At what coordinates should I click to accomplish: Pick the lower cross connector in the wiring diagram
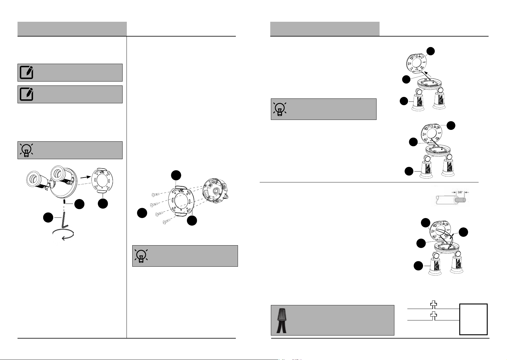pyautogui.click(x=434, y=316)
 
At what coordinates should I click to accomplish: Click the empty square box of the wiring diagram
pyautogui.click(x=473, y=319)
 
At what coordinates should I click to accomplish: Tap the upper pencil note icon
pyautogui.click(x=27, y=72)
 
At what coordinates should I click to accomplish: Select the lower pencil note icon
pyautogui.click(x=27, y=94)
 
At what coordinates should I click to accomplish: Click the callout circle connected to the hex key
pyautogui.click(x=47, y=217)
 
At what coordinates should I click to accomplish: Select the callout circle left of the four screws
pyautogui.click(x=142, y=213)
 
